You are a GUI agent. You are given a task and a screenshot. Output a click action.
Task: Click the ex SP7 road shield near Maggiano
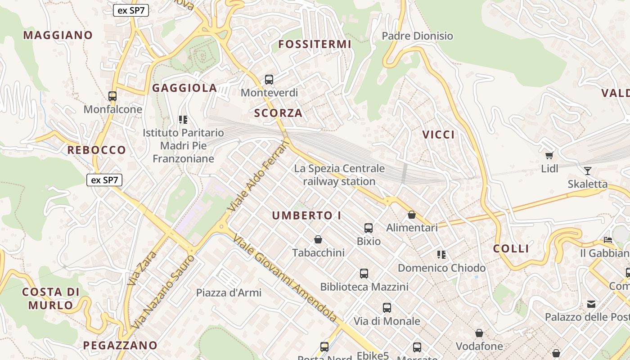tap(131, 10)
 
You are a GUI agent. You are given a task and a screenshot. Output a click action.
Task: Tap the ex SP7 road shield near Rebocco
tap(104, 180)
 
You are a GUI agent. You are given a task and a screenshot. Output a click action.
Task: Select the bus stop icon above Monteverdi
tap(269, 80)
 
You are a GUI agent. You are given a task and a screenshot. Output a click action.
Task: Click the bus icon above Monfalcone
tap(112, 96)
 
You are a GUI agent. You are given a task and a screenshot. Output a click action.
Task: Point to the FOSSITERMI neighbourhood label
tap(315, 44)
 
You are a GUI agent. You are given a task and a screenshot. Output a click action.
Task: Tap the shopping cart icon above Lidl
tap(549, 156)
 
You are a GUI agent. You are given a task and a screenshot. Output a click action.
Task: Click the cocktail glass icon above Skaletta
tap(587, 171)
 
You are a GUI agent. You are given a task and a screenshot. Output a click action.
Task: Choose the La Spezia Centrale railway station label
tap(339, 175)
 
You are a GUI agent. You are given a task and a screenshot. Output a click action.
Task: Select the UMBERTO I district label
tap(306, 216)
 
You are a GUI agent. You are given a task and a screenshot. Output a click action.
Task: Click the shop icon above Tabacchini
tap(318, 239)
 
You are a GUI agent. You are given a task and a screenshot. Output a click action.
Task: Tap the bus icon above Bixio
tap(369, 228)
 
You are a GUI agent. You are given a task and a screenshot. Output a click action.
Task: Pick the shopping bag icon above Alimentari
tap(411, 215)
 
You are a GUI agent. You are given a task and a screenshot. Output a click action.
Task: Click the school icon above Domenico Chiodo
tap(441, 255)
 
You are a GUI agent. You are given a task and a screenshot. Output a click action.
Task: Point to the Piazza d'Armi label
tap(229, 292)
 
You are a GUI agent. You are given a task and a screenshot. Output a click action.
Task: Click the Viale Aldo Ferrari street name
tap(257, 176)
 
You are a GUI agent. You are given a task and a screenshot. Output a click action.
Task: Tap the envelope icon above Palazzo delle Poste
tap(591, 304)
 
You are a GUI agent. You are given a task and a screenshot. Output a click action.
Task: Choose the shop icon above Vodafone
tap(479, 333)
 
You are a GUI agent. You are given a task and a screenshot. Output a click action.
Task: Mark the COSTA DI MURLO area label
tap(50, 298)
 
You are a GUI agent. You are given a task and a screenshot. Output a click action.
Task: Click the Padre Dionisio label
tap(417, 36)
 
